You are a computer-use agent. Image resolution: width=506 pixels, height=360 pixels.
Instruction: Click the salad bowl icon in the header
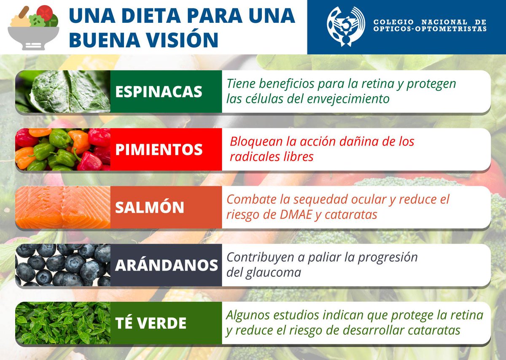[34, 27]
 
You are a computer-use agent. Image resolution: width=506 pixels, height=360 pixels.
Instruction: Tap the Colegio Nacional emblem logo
[346, 26]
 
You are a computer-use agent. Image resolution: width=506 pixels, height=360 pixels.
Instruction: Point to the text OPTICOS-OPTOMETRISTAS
[430, 29]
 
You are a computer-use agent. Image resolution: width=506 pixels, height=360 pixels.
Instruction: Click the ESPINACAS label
[159, 92]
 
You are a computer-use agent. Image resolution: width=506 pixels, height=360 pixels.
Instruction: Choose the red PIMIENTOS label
[159, 149]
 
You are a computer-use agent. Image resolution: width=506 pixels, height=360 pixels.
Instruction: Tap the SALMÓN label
[150, 207]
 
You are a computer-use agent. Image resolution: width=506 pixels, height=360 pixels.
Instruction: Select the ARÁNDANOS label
[166, 265]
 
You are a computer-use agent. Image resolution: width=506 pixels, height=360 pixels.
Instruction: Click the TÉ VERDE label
[151, 323]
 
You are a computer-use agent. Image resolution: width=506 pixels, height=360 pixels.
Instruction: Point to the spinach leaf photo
[63, 92]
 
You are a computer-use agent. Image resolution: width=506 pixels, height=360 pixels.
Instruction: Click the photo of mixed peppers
[63, 149]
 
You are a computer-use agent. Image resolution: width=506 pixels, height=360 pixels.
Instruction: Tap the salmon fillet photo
[63, 207]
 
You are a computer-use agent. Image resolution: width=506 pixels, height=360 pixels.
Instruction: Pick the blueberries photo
[63, 265]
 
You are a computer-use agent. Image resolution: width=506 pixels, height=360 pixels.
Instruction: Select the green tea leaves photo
[63, 323]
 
